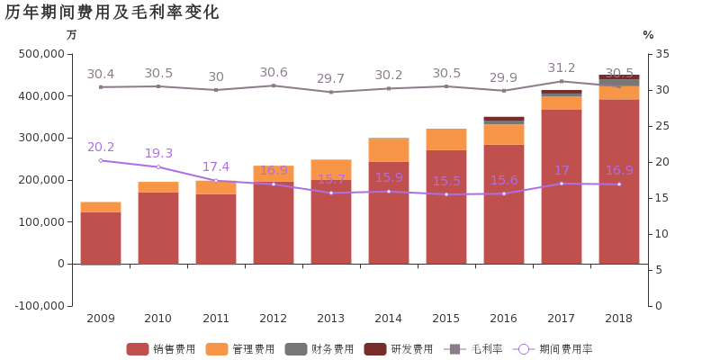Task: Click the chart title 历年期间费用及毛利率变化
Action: tap(112, 12)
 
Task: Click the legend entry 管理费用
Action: tap(229, 349)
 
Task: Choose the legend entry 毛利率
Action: tap(467, 349)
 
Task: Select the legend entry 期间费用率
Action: tap(553, 349)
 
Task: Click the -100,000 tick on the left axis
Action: tap(40, 306)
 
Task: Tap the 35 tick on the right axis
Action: tap(661, 54)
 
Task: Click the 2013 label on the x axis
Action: tap(330, 319)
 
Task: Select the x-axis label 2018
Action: tap(618, 319)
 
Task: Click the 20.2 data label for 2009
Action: tap(101, 147)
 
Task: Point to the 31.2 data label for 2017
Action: tap(562, 67)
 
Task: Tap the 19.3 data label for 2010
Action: tap(158, 153)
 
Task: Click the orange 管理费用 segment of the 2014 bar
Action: tap(389, 149)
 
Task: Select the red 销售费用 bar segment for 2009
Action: tap(101, 238)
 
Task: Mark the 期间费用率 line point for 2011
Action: tap(216, 180)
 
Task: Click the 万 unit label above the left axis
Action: tap(71, 35)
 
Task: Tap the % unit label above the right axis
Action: tap(648, 35)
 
